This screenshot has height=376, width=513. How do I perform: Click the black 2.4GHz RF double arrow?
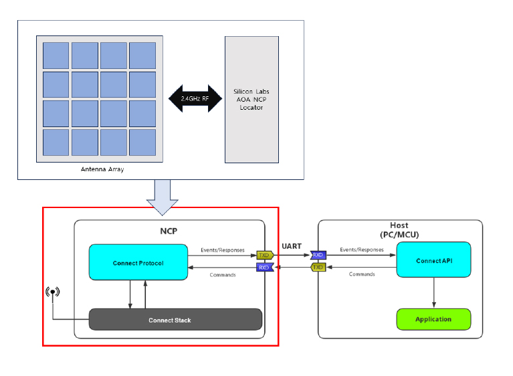pos(195,98)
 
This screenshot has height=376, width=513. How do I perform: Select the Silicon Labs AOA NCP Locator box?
pos(251,99)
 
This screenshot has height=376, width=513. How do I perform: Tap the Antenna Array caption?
pos(102,169)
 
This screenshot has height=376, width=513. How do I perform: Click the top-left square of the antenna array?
pos(56,56)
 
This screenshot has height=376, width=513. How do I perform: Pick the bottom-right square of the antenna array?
pos(142,142)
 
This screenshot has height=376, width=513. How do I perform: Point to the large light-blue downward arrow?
pos(162,197)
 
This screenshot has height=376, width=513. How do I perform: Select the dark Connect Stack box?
pos(175,320)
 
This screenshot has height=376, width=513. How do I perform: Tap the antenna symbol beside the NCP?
pos(53,292)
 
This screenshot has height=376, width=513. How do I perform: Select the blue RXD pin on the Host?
pos(318,255)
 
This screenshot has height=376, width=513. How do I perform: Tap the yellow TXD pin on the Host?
pos(318,268)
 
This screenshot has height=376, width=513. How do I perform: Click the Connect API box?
pos(433,260)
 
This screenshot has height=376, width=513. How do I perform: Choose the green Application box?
pos(433,319)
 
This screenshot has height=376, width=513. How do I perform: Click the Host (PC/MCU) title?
pos(399,229)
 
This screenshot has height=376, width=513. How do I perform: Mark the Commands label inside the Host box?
pos(362,274)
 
